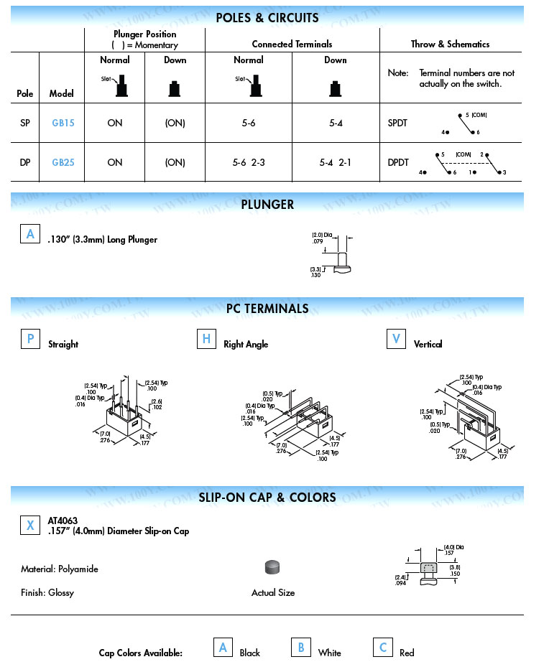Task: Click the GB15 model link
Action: pos(63,123)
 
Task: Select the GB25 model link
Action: pos(63,162)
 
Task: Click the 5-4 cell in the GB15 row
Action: pos(335,123)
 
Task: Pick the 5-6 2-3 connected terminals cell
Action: pos(249,162)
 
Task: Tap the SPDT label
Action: pos(397,123)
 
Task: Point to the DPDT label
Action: pos(398,162)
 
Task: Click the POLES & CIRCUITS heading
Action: pos(267,18)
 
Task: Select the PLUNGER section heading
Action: pos(267,205)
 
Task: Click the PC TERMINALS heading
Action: pos(267,309)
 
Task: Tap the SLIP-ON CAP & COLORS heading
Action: pos(267,498)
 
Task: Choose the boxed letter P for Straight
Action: pos(30,339)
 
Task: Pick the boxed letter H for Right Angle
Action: pos(206,339)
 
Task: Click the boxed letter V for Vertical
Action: pos(396,339)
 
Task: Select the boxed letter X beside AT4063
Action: pos(30,526)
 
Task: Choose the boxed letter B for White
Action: pos(301,648)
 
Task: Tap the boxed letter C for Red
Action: pos(383,648)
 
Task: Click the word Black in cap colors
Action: pos(250,653)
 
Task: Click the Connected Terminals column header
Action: pos(292,44)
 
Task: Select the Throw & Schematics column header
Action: pos(450,44)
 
